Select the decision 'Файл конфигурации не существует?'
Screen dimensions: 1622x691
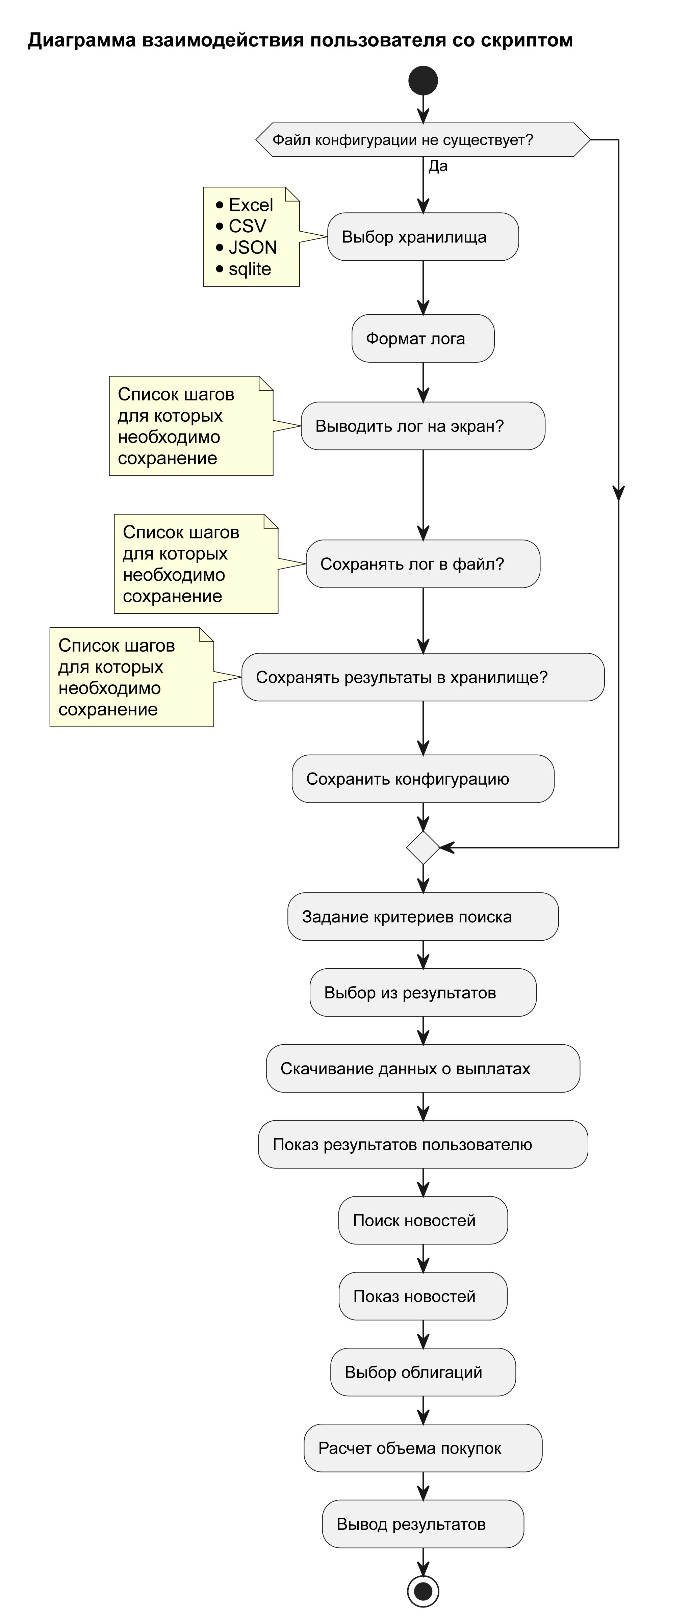(423, 140)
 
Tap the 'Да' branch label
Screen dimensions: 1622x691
(438, 166)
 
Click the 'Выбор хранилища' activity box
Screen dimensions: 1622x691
(423, 237)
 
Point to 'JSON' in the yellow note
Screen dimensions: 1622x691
(253, 247)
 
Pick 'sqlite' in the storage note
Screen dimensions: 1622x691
(250, 269)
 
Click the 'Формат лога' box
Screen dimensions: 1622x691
(423, 339)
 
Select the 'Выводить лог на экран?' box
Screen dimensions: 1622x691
(423, 426)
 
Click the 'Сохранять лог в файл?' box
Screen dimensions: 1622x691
(423, 564)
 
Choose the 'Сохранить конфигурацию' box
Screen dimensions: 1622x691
(423, 779)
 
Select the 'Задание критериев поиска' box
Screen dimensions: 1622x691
(423, 917)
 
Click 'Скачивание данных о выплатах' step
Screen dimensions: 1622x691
(423, 1069)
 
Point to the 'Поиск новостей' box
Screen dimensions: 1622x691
(423, 1220)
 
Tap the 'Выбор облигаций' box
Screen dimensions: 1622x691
(423, 1372)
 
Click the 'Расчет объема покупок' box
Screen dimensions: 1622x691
(423, 1448)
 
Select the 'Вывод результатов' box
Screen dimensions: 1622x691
(423, 1524)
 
